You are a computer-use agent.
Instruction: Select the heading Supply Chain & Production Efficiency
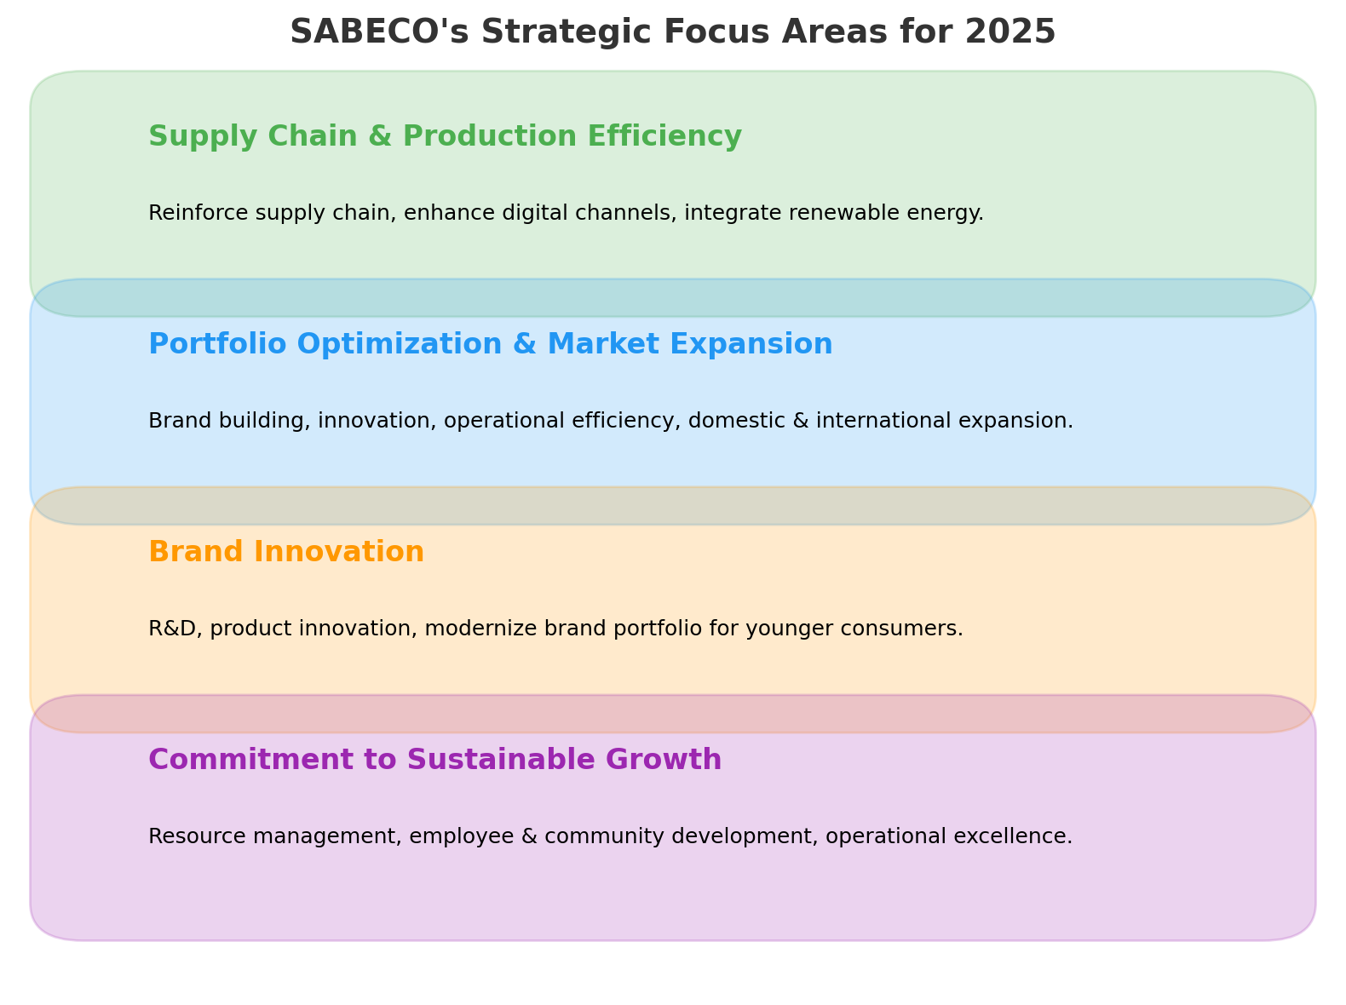[x=445, y=136]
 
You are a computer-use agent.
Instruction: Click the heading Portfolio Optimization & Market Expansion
[x=490, y=344]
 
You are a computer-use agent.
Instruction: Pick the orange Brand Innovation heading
[x=286, y=552]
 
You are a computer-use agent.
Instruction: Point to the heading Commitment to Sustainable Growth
[x=434, y=760]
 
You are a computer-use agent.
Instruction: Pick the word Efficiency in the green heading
[x=664, y=136]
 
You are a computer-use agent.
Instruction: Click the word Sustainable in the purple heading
[x=501, y=760]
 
